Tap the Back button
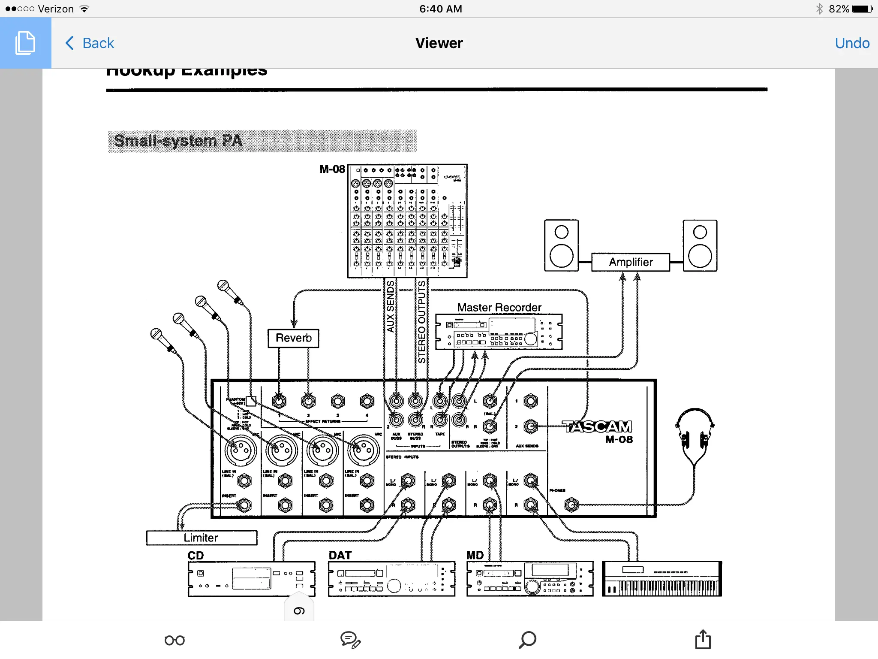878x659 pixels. [90, 43]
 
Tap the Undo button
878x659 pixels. [852, 43]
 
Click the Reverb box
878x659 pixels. [293, 338]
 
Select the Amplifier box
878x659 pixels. [630, 262]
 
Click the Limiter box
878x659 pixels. [201, 538]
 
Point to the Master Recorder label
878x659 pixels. [499, 307]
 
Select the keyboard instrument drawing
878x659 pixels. [662, 579]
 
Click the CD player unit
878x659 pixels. [251, 579]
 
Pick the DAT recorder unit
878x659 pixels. [391, 579]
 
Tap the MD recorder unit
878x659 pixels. [530, 579]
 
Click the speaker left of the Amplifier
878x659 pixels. [561, 245]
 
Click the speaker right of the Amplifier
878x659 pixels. [700, 245]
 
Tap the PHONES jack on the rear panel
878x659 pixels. [571, 505]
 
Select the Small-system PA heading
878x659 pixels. [178, 141]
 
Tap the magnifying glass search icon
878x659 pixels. [527, 640]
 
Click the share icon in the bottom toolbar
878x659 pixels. [703, 639]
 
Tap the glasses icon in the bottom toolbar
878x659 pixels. [174, 640]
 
